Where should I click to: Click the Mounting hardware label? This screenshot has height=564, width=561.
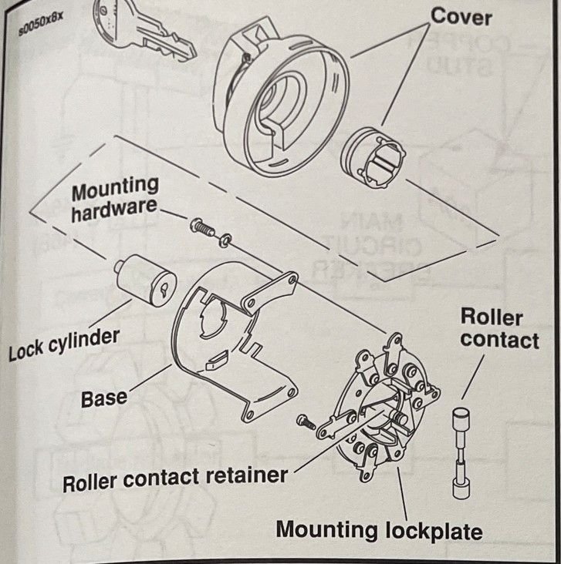[x=115, y=199]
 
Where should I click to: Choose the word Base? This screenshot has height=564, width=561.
[x=104, y=399]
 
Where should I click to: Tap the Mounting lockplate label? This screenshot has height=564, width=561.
[x=379, y=530]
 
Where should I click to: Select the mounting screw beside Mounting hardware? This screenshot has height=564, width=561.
[x=201, y=228]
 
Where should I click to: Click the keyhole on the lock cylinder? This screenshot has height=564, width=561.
[x=164, y=290]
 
